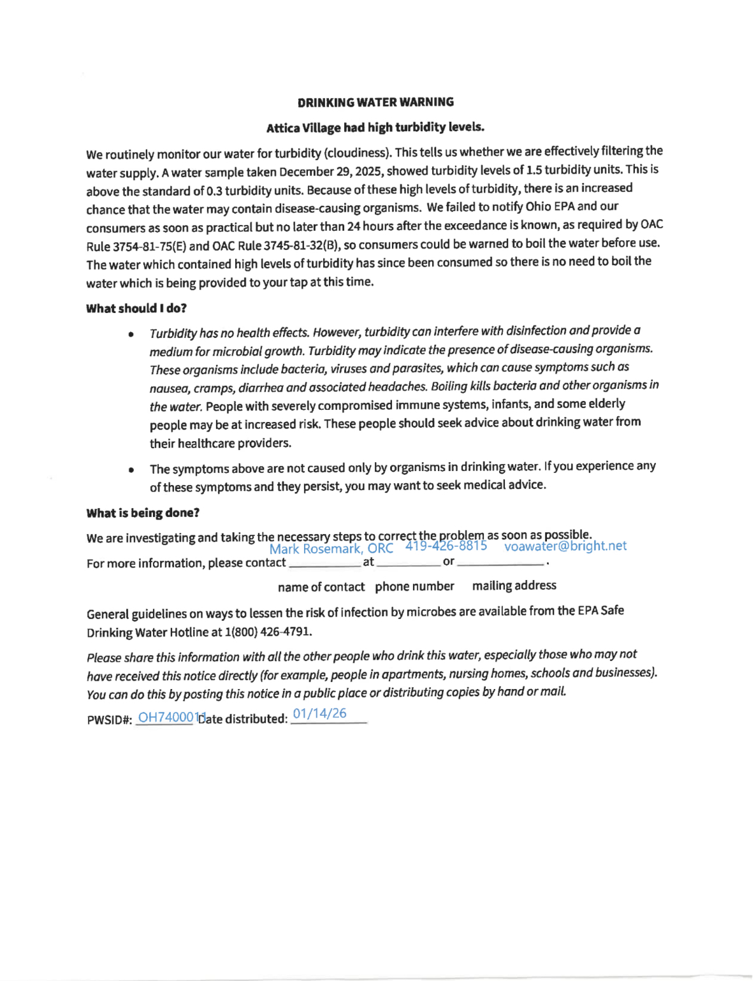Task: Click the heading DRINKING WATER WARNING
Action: click(x=375, y=102)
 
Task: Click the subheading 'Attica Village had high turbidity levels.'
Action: click(x=375, y=127)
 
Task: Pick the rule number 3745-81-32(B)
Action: click(x=301, y=245)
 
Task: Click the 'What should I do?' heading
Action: click(x=136, y=309)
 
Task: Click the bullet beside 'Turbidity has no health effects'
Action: click(x=131, y=334)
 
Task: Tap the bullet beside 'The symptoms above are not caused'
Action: click(x=131, y=470)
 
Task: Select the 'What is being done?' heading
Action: click(x=143, y=513)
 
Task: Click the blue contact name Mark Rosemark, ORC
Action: click(x=331, y=549)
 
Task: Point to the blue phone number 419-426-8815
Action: click(x=446, y=546)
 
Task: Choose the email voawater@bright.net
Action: click(x=565, y=546)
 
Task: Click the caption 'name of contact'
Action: click(x=321, y=587)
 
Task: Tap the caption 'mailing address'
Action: click(x=514, y=585)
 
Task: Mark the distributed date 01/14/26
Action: click(x=320, y=713)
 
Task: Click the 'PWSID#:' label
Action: click(x=110, y=720)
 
